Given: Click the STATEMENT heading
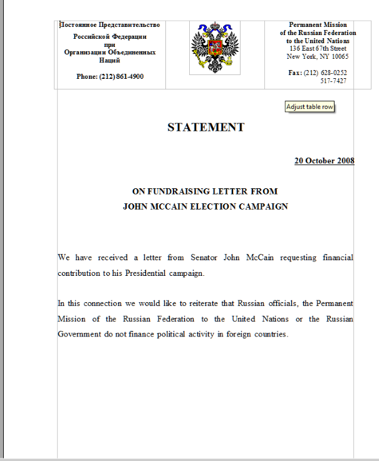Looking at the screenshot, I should (x=205, y=128).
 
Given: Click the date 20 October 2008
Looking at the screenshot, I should (x=324, y=161).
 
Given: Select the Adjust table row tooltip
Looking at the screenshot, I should (x=309, y=107).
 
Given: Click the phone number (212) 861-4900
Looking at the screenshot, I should (x=110, y=76).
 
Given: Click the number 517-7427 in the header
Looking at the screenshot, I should (x=333, y=81).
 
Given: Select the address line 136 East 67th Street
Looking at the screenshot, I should (x=318, y=48).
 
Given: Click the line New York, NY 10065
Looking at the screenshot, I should (x=318, y=56).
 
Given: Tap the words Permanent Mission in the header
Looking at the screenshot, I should (x=318, y=24).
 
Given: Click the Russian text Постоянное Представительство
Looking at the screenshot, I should (x=110, y=25).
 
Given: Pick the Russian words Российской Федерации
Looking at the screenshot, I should (x=110, y=36).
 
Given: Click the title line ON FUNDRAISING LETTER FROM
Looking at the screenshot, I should (x=205, y=191).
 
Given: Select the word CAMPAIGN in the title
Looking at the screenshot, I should (x=264, y=206).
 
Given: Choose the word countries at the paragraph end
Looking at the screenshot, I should (x=268, y=333).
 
